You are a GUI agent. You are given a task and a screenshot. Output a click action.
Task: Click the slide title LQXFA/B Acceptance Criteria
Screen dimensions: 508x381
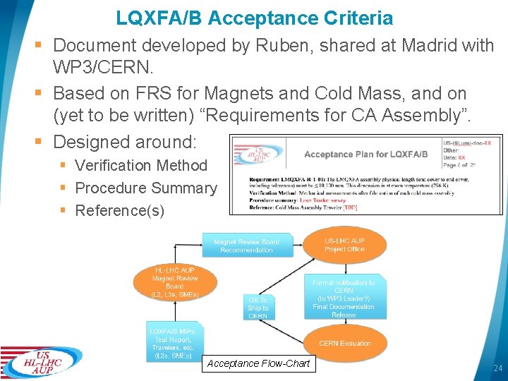254,18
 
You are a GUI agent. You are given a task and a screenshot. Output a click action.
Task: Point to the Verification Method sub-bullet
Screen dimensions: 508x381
140,166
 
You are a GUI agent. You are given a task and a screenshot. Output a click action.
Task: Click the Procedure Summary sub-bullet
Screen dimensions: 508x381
145,188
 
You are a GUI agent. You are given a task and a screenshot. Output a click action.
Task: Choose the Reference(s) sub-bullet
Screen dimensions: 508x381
119,211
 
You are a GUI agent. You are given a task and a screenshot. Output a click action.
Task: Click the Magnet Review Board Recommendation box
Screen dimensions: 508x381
246,246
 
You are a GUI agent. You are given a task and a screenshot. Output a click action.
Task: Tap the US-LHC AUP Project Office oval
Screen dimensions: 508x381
345,245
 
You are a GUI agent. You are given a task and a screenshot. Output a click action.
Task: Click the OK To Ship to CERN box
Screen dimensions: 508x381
258,308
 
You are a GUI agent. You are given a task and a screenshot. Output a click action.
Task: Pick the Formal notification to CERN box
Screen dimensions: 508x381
344,298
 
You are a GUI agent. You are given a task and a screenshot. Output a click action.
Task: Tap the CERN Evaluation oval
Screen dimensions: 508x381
345,344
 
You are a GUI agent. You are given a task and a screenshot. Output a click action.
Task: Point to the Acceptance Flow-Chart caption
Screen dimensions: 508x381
258,364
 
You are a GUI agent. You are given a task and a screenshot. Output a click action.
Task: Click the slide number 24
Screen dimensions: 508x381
497,368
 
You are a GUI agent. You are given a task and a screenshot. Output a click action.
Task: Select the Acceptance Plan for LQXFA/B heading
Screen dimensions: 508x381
365,154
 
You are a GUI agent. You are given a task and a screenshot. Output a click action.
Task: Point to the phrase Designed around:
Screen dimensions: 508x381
125,142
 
